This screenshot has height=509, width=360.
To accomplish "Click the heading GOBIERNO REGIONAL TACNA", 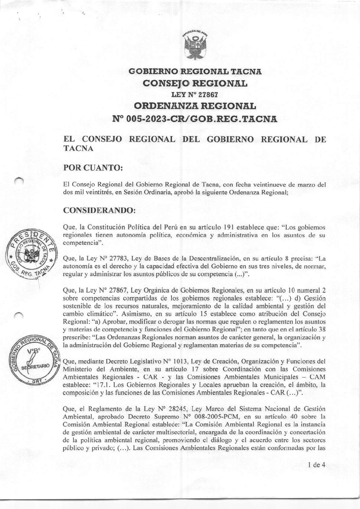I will (195, 72).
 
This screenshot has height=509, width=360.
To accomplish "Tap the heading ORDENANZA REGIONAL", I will (195, 106).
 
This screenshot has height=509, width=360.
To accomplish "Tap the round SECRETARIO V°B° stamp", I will (34, 362).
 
